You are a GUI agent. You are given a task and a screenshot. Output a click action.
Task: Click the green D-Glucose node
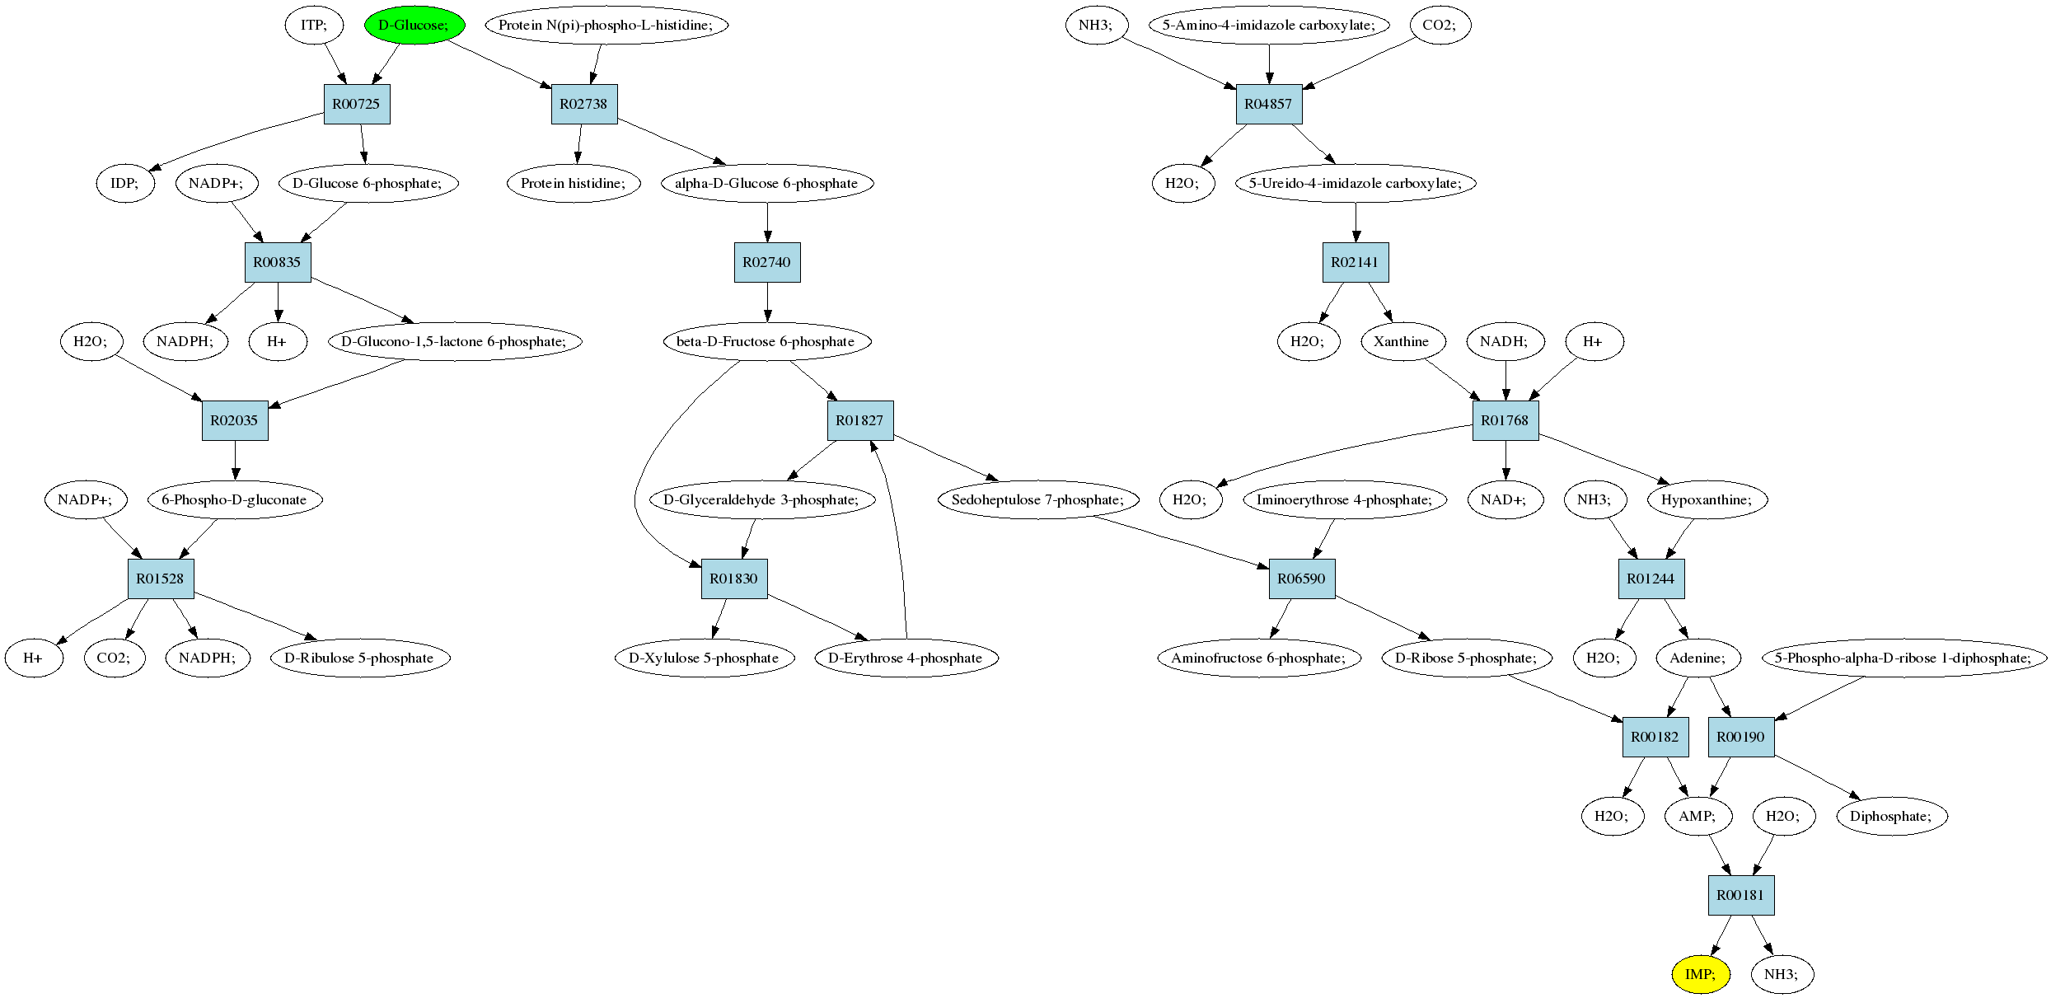tap(414, 25)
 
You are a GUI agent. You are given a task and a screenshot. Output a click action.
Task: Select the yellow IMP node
tap(1700, 974)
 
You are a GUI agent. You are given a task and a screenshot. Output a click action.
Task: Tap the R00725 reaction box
tap(357, 104)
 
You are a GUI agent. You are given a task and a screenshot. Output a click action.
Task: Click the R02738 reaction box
tap(584, 104)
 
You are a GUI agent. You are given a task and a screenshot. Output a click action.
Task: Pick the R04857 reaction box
tap(1269, 104)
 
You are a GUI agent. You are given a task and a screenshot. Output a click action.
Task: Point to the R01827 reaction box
tap(860, 420)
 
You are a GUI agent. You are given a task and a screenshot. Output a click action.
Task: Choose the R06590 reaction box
tap(1302, 579)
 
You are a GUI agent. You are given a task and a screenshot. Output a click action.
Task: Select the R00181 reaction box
tap(1741, 895)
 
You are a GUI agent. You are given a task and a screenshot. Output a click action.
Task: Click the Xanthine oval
tap(1402, 341)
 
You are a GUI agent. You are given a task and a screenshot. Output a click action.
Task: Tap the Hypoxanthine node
tap(1707, 499)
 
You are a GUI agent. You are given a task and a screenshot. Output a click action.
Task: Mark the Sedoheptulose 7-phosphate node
tap(1038, 499)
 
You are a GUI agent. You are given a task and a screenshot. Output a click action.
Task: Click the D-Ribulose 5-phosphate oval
tap(360, 658)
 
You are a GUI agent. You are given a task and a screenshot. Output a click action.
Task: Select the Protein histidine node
tap(574, 183)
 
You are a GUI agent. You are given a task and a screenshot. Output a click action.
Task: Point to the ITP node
tap(314, 25)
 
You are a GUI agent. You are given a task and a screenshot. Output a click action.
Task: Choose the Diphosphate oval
tap(1892, 816)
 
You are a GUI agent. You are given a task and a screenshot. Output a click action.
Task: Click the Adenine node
tap(1698, 658)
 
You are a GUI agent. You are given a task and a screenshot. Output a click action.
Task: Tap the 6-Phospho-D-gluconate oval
tap(235, 499)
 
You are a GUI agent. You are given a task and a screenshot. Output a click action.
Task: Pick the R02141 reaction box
tap(1356, 262)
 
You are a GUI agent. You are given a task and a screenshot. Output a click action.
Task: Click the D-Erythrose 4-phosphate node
tap(906, 658)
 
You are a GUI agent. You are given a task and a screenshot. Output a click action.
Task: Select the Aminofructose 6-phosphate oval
tap(1259, 658)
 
